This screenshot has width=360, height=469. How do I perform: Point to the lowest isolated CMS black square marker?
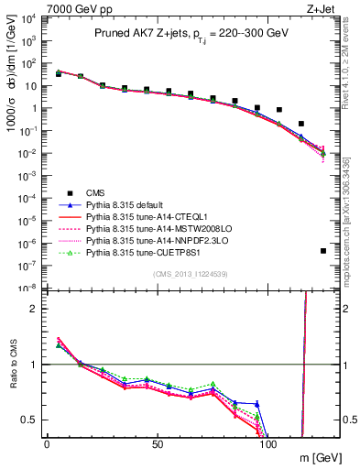323,251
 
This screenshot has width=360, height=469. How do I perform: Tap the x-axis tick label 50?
158,444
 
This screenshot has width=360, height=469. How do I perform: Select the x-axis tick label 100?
268,444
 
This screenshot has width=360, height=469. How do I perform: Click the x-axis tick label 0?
47,444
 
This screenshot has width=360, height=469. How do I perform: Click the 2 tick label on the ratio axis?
35,309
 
